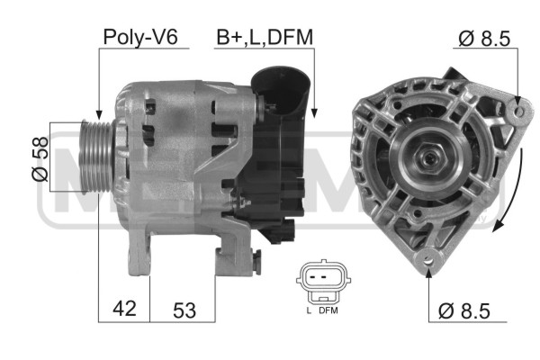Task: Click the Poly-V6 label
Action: (140, 37)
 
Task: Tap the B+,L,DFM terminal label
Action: (265, 37)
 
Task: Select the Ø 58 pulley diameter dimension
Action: (40, 158)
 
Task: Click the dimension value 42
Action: (125, 308)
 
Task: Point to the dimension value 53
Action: (184, 310)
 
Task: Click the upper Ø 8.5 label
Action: (484, 38)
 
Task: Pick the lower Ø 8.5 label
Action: (463, 311)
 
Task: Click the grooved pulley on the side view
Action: (97, 157)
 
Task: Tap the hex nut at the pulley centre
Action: (430, 158)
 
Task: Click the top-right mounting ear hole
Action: (519, 112)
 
